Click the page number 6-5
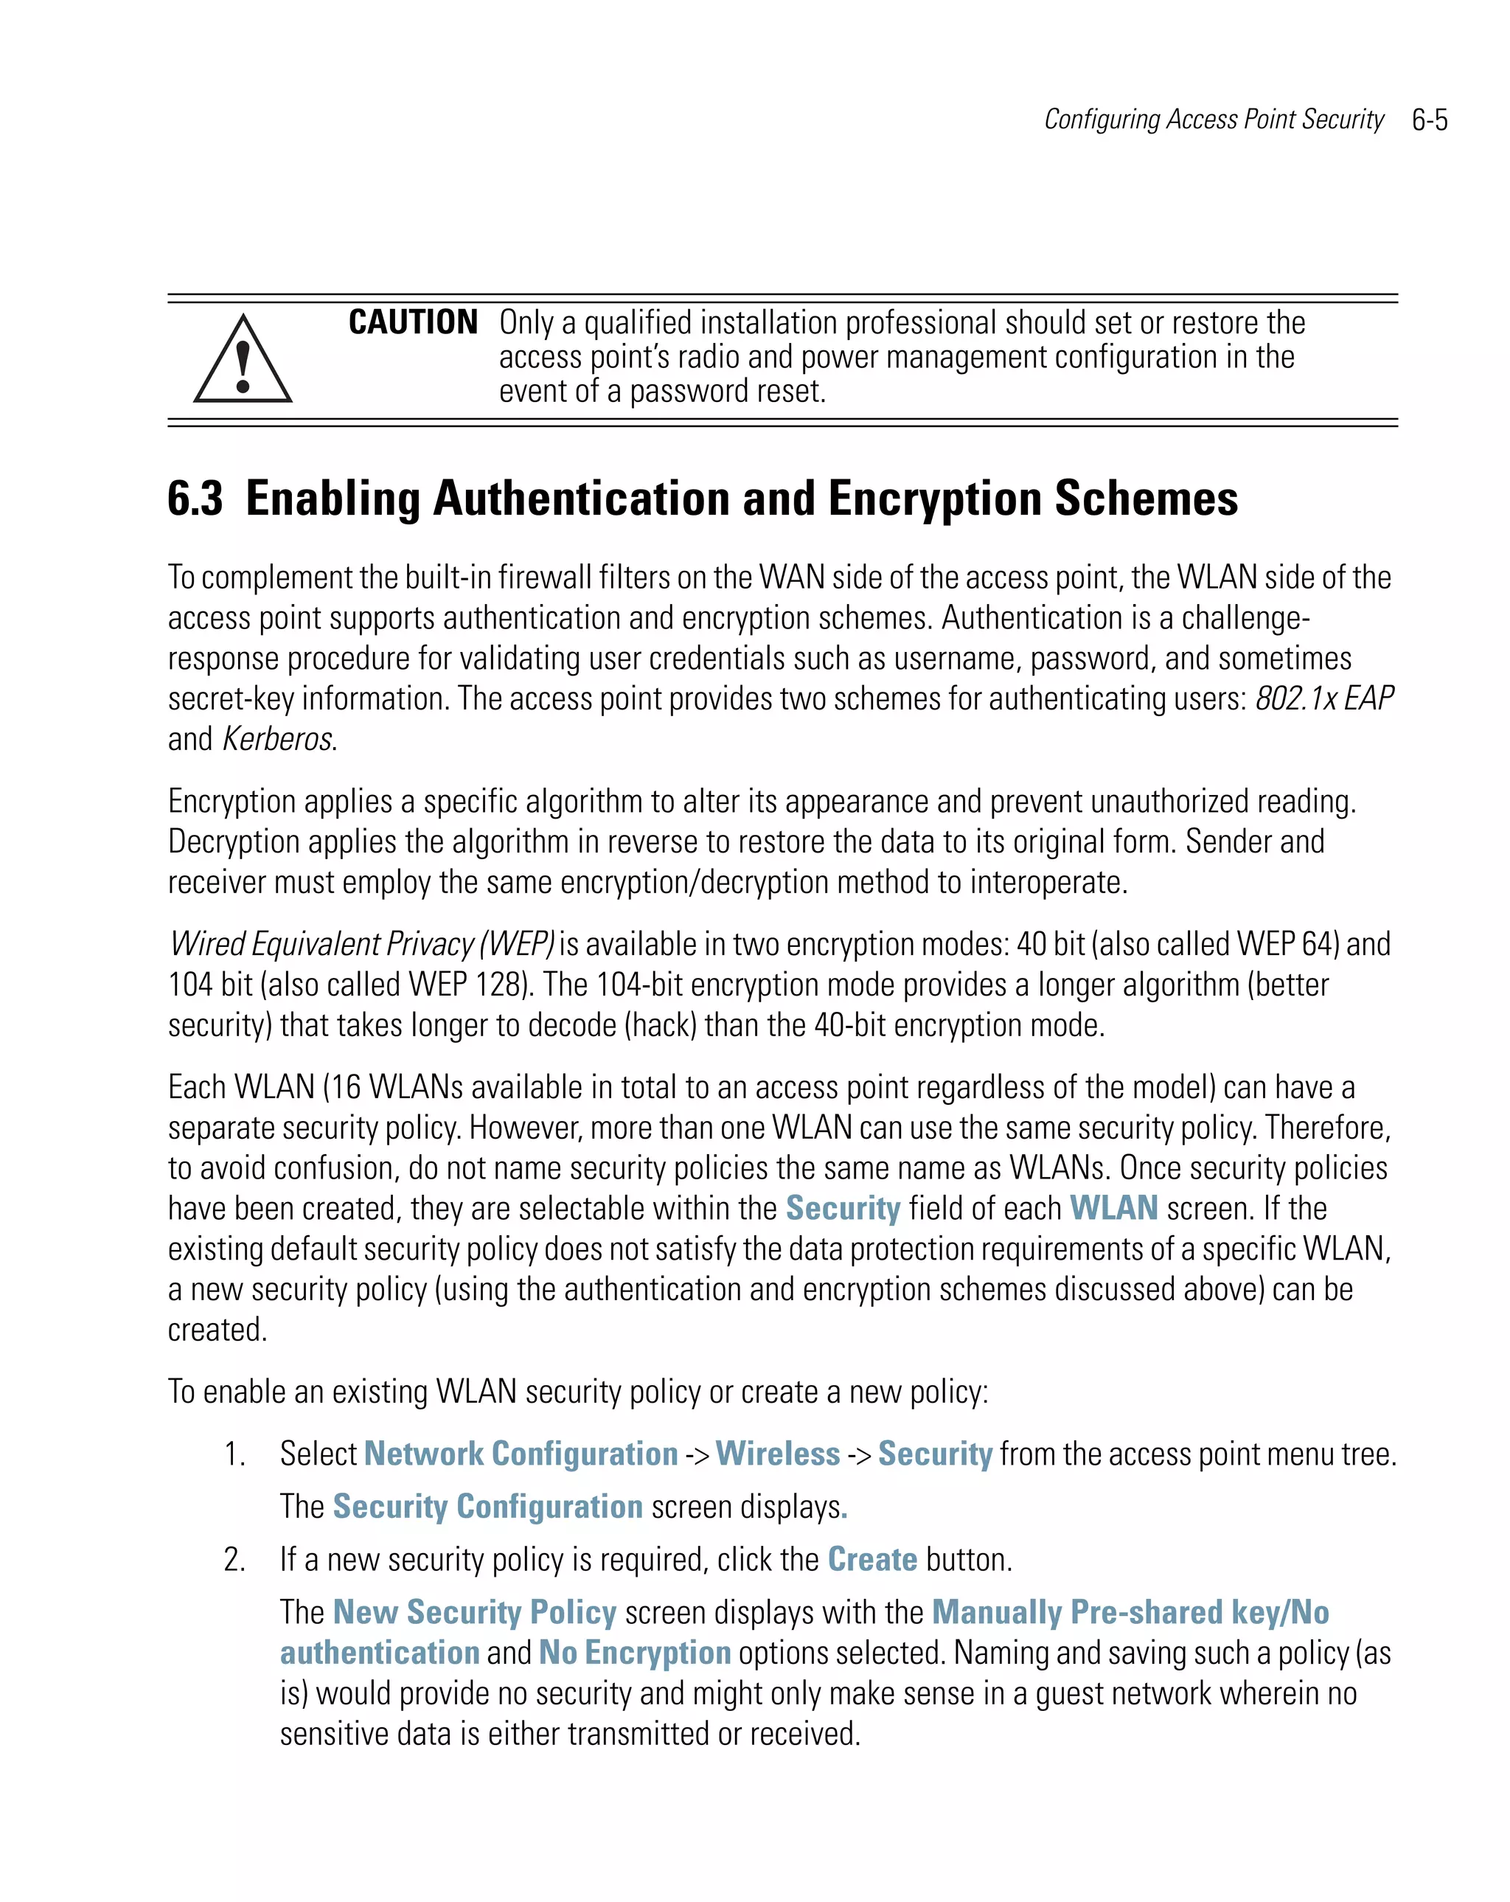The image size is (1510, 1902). [1429, 120]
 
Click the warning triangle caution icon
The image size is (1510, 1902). [243, 361]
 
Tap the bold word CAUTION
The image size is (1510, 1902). [413, 322]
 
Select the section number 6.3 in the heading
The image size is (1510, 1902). [195, 499]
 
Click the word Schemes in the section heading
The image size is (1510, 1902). [1146, 499]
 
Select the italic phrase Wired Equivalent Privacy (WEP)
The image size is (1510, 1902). [361, 944]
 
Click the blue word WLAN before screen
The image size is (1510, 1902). [1113, 1208]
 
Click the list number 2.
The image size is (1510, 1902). [234, 1560]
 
